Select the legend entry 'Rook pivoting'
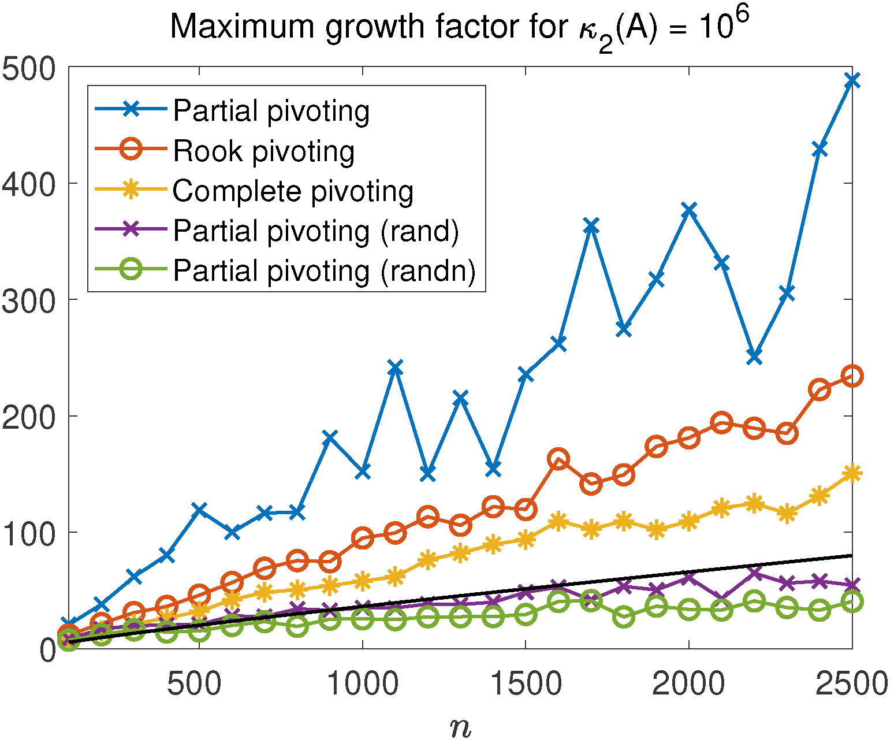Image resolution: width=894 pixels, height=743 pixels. pos(263,151)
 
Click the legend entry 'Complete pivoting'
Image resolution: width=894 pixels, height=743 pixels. pos(293,191)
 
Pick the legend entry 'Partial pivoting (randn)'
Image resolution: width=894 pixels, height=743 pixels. pos(325,270)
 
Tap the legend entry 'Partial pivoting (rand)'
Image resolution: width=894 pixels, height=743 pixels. pos(316,231)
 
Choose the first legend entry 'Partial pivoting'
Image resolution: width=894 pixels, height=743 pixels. pos(271,110)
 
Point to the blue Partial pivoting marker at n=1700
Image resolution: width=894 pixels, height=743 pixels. pos(591,225)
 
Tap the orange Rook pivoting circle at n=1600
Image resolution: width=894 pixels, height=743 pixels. pos(558,459)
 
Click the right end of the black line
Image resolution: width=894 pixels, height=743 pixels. pos(852,555)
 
